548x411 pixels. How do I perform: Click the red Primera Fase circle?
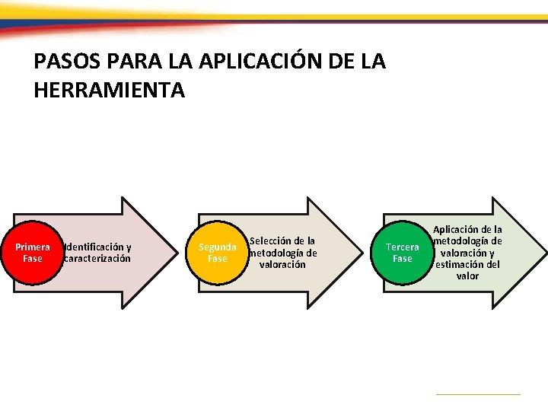33,253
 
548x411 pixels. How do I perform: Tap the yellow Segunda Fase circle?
218,253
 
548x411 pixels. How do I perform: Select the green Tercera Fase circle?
402,253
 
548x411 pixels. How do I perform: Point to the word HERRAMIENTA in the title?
110,91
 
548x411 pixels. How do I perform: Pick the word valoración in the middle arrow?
282,265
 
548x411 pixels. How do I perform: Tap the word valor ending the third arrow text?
467,276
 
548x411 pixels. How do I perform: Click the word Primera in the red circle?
33,247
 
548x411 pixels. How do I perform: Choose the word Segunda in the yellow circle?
218,247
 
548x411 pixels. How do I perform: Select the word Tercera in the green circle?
402,247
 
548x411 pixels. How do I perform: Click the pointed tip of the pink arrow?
176,253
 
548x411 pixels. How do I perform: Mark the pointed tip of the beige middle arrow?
361,253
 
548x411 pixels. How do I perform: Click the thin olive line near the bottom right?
477,393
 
